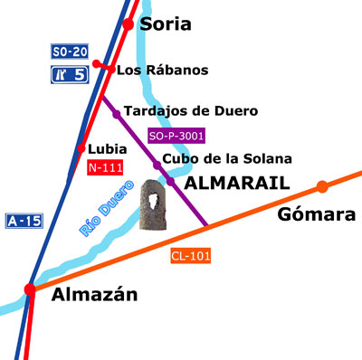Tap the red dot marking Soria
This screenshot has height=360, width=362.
[129, 24]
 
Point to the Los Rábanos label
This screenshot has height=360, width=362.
[163, 71]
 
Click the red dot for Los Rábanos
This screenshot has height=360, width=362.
[110, 68]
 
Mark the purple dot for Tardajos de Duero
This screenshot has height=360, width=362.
[117, 114]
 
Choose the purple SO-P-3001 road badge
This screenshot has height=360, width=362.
[176, 137]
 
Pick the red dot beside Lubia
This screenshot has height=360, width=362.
[81, 148]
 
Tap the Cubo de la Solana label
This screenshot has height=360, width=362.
[227, 159]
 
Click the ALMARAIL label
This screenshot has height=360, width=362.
[236, 184]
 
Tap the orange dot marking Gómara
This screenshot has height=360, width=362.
[321, 187]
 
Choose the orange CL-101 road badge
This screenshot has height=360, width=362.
[190, 256]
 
